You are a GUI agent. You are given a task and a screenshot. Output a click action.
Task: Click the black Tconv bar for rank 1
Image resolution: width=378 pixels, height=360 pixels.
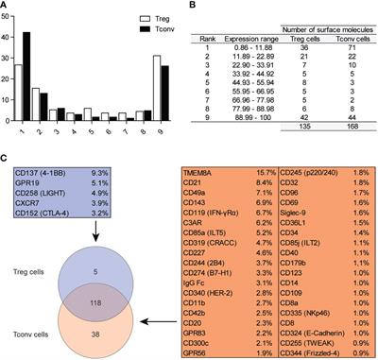coord(39,76)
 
